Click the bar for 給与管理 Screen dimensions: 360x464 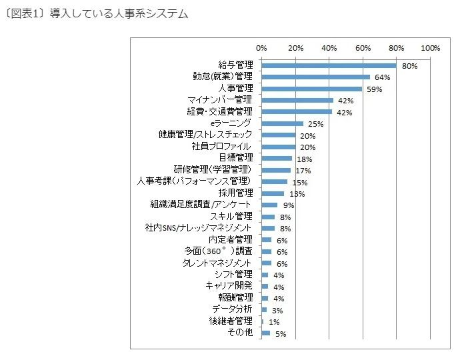[x=329, y=65]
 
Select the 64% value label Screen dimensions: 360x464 [x=382, y=77]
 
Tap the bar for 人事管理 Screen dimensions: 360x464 [x=311, y=89]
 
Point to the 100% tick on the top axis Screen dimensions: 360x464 [x=431, y=48]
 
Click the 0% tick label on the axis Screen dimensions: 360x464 [x=261, y=48]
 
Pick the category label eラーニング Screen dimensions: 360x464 [x=230, y=123]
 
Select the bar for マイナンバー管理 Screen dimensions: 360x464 [x=297, y=100]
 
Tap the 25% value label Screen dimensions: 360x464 [x=315, y=124]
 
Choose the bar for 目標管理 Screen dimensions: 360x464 [x=277, y=158]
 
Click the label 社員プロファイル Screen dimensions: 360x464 [x=223, y=146]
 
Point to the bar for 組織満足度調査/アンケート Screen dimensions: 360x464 [x=269, y=205]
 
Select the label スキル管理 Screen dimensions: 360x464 [x=231, y=216]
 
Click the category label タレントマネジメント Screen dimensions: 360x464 [x=217, y=263]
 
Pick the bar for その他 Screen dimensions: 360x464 [x=266, y=333]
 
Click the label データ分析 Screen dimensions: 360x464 [x=232, y=309]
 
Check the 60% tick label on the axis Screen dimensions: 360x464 [x=363, y=48]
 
